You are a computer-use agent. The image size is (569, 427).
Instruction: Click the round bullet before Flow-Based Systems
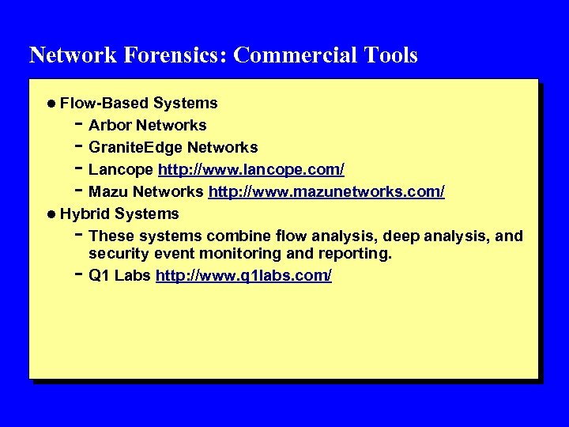pyautogui.click(x=51, y=104)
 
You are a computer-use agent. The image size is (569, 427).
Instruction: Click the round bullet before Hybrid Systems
pyautogui.click(x=51, y=214)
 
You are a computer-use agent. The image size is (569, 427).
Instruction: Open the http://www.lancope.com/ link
pyautogui.click(x=251, y=169)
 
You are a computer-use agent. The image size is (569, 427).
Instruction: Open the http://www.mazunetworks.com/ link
pyautogui.click(x=326, y=191)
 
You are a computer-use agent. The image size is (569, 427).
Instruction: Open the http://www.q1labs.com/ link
pyautogui.click(x=244, y=275)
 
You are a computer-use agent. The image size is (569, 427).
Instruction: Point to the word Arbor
pyautogui.click(x=110, y=125)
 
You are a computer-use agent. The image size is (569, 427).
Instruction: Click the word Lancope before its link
pyautogui.click(x=122, y=169)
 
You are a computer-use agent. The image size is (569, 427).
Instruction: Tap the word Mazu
pyautogui.click(x=107, y=191)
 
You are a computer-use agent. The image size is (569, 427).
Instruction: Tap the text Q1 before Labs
pyautogui.click(x=99, y=275)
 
